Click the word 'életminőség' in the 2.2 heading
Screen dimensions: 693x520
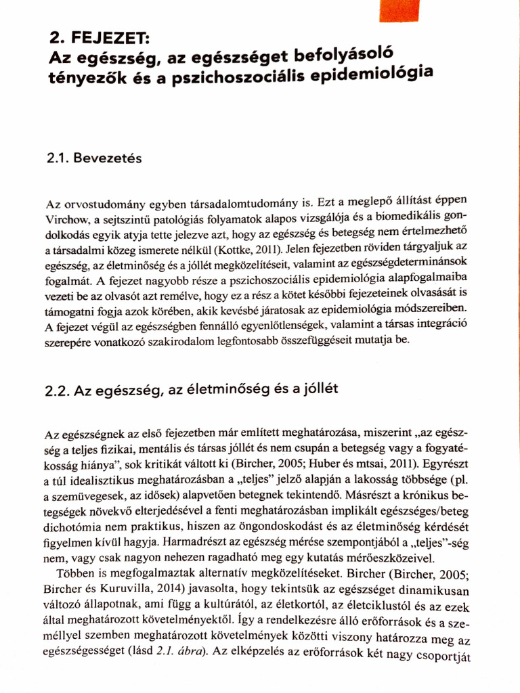pos(221,390)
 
